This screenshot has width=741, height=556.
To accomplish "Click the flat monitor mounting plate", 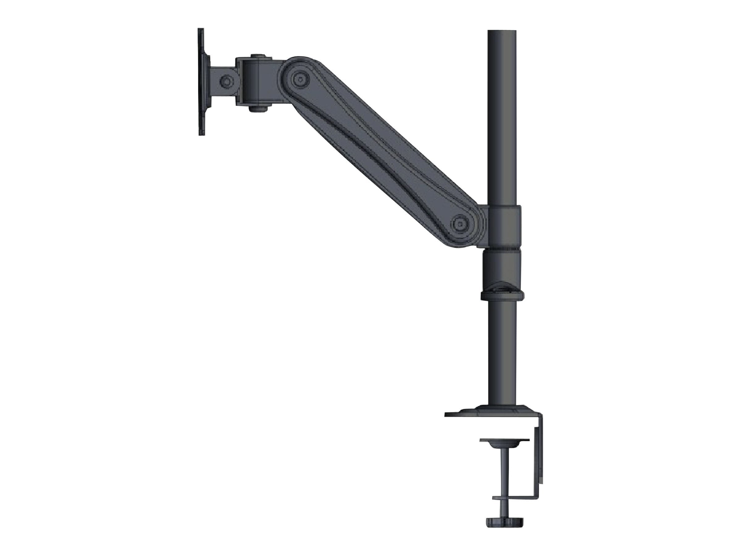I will (x=201, y=82).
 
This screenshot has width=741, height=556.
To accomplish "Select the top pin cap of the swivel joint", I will (x=257, y=56).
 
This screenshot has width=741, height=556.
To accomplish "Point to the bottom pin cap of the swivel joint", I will (x=257, y=109).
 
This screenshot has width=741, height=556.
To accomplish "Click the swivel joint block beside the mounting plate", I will (x=257, y=82).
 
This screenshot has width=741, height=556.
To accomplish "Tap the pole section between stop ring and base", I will (x=502, y=352).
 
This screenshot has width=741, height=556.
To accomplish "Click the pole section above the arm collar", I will (x=501, y=117).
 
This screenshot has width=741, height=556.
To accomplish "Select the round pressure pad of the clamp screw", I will (x=504, y=443).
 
